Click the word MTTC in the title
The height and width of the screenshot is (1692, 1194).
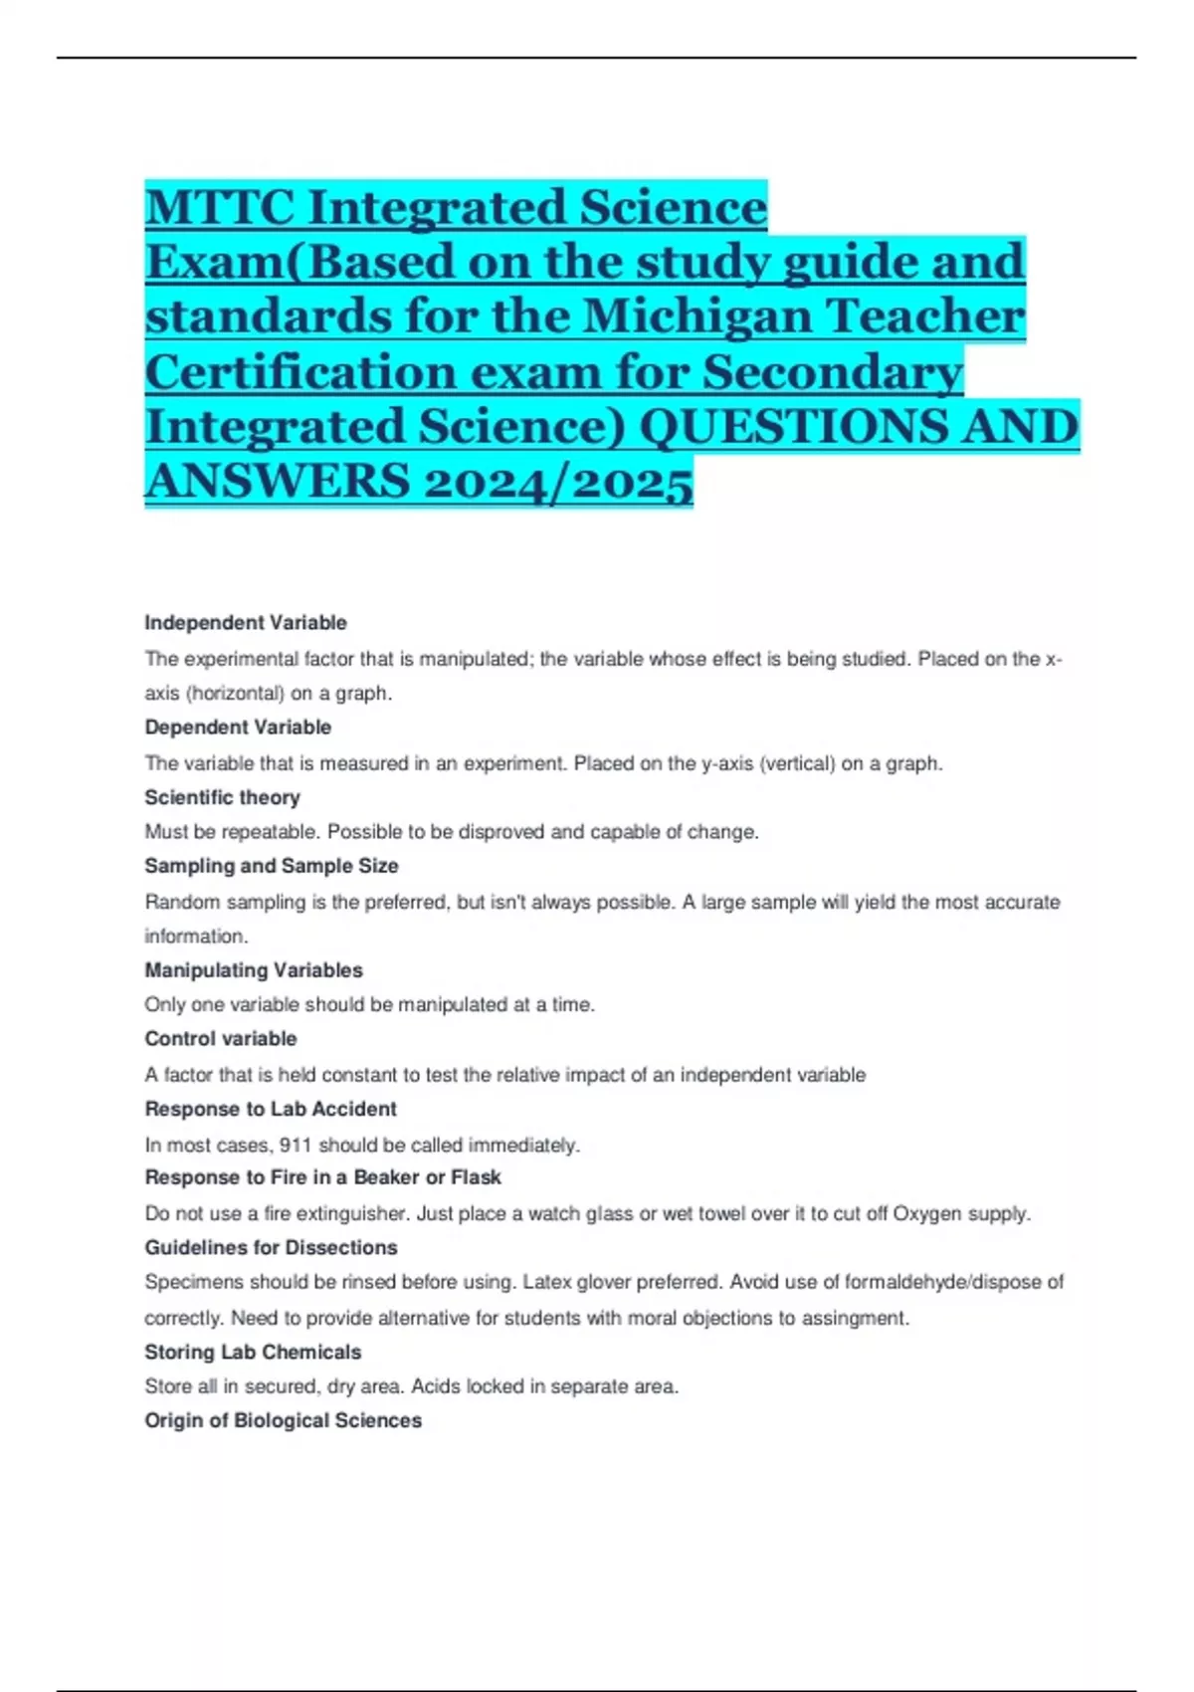click(x=220, y=207)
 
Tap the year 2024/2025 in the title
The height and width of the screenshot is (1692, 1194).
click(x=557, y=482)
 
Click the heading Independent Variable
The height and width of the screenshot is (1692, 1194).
click(x=246, y=623)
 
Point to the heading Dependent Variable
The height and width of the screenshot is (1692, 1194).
click(x=238, y=728)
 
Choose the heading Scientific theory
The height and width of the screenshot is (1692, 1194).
click(x=222, y=797)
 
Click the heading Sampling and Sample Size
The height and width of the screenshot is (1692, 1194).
click(x=272, y=866)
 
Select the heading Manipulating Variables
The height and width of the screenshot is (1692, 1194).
click(x=254, y=970)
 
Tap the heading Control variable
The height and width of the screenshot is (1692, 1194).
click(x=221, y=1039)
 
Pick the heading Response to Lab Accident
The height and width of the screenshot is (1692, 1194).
click(x=271, y=1109)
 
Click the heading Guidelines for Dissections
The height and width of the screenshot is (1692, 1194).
click(x=271, y=1247)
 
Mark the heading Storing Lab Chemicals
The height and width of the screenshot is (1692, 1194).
click(x=253, y=1352)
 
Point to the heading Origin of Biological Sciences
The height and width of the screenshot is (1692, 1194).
click(x=284, y=1420)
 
